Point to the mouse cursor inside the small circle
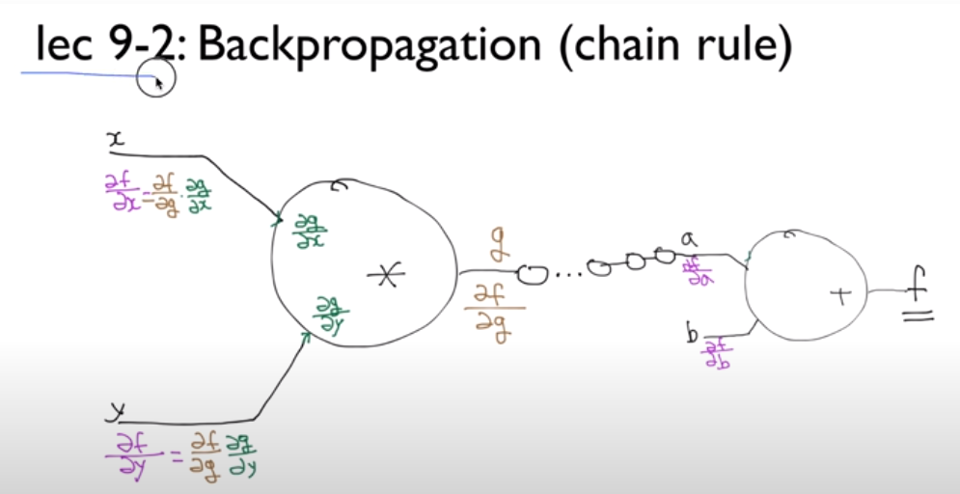point(159,83)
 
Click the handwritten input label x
point(117,141)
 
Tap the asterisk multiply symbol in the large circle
point(385,276)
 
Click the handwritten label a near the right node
point(689,238)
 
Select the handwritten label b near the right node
point(692,334)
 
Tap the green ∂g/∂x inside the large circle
point(308,230)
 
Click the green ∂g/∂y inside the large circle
point(332,315)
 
